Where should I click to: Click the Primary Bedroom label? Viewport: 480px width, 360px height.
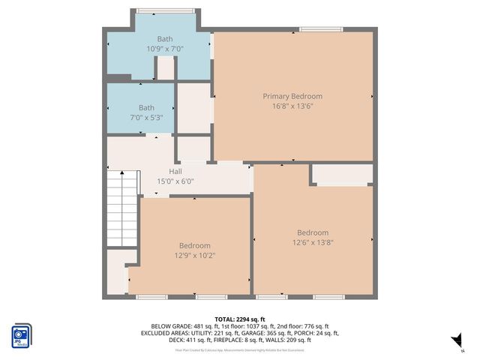coord(292,96)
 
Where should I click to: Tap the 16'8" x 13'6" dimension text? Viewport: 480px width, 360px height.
coord(292,106)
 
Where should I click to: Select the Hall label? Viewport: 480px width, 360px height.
coord(175,171)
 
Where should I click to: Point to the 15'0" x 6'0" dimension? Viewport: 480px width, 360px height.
coord(175,181)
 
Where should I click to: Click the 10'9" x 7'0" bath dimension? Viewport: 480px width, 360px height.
coord(164,49)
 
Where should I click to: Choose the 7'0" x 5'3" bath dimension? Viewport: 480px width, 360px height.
coord(146,118)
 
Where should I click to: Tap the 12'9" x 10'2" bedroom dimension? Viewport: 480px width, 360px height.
coord(194,255)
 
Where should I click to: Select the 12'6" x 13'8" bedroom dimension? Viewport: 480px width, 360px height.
coord(313,243)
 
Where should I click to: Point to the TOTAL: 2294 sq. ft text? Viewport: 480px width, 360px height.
coord(240,319)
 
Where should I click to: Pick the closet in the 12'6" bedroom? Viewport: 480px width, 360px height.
coord(342,174)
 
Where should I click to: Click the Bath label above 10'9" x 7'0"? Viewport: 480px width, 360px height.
coord(164,39)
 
